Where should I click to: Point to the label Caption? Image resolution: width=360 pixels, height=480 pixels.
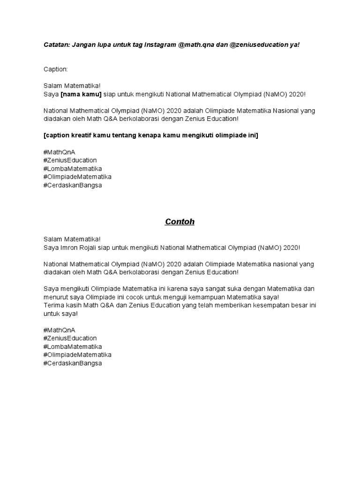point(56,69)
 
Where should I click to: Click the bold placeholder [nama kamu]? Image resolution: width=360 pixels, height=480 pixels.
point(81,94)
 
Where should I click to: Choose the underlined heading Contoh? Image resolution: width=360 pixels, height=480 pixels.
point(180,222)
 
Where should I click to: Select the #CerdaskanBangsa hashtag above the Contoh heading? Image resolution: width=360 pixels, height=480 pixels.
point(72,185)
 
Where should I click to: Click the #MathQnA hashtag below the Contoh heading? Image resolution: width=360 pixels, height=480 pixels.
point(59,330)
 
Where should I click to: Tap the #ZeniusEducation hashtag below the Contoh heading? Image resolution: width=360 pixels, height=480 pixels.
point(70,338)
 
